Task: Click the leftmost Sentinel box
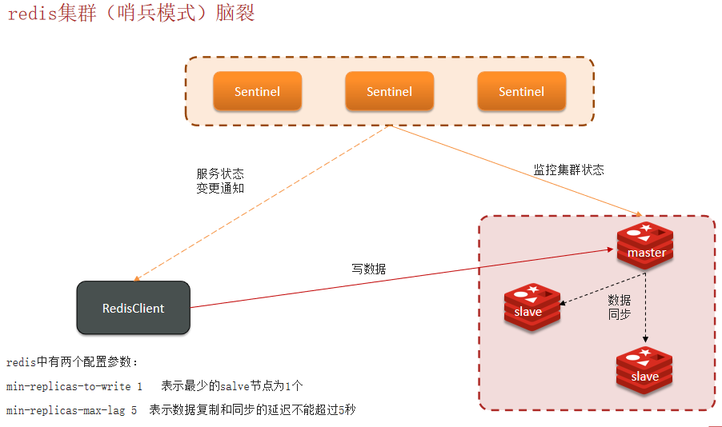coord(257,91)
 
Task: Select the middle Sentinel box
coord(389,91)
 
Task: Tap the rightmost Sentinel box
coord(521,91)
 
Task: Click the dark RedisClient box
coord(133,308)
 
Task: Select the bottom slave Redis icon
coord(644,370)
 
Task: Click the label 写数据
coord(368,269)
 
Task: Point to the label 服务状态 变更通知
coord(220,181)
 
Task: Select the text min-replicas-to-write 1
coord(74,386)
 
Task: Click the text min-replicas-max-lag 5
coord(71,410)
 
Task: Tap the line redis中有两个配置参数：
coord(73,362)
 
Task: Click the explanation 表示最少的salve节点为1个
coord(232,386)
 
